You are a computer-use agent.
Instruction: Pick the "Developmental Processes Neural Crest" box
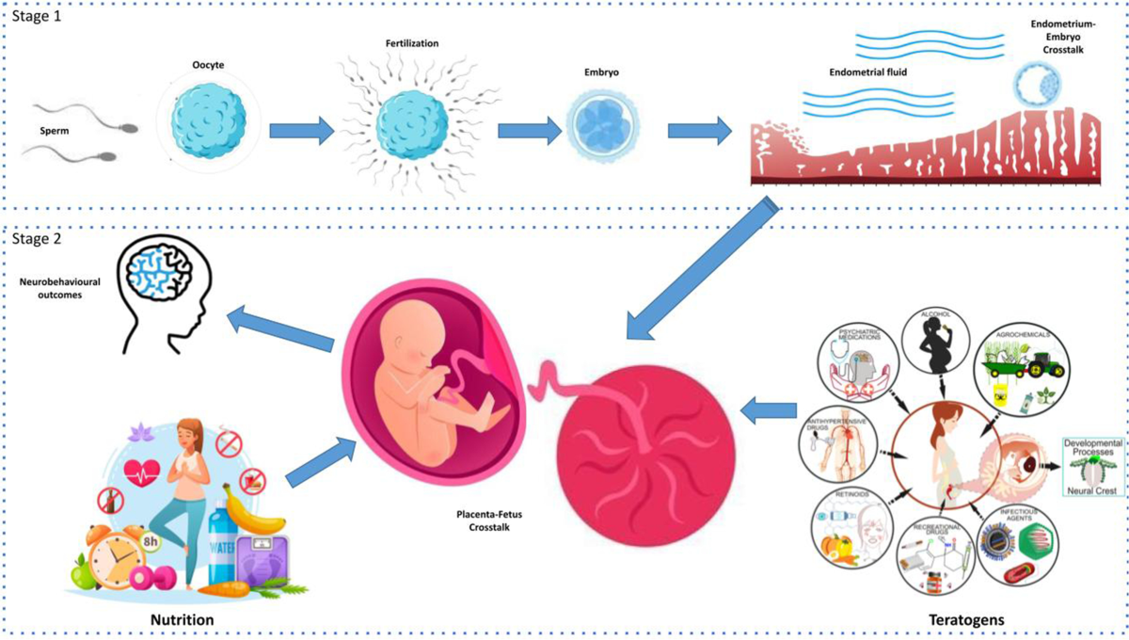[x=1091, y=467]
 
